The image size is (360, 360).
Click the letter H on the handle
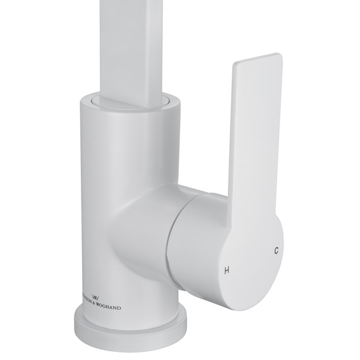point(227,271)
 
